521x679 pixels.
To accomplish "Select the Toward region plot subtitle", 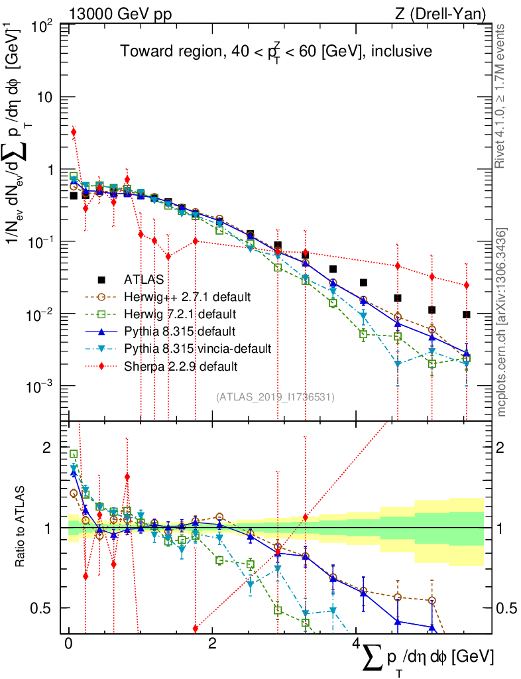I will click(x=276, y=52).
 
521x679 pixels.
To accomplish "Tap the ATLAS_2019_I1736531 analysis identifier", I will click(x=275, y=397).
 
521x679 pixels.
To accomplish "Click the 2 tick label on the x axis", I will click(x=211, y=644).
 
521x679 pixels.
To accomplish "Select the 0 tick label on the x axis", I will click(x=69, y=644).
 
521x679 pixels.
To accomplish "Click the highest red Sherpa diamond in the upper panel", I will click(x=74, y=132).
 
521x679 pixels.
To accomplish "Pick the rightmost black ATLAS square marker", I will click(x=467, y=314).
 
